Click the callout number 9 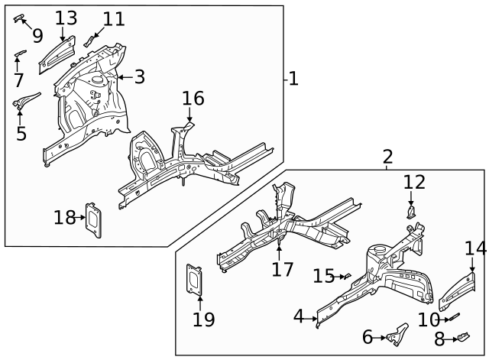coord(37,35)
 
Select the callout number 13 coord(66,17)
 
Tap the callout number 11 coord(113,18)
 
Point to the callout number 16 coord(193,99)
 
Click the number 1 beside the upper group coord(293,79)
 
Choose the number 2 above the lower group coord(387,157)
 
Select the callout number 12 coord(413,182)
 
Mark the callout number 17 coord(283,269)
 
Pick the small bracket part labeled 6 coord(397,335)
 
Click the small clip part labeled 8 coord(462,336)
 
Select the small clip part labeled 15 coord(345,275)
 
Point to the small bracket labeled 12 coord(411,211)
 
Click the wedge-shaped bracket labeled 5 coord(28,99)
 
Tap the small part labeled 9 coord(19,17)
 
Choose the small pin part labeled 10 coord(453,316)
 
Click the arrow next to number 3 coord(121,77)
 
